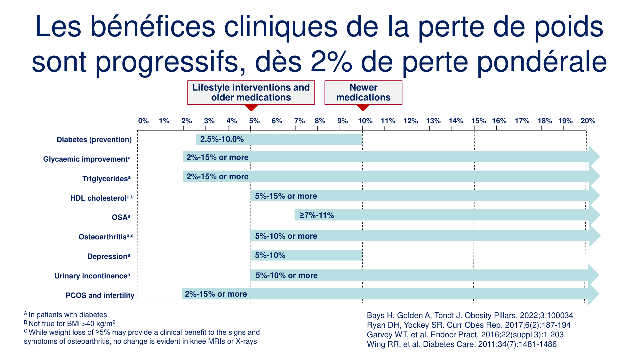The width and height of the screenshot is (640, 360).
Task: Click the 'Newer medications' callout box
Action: click(x=363, y=92)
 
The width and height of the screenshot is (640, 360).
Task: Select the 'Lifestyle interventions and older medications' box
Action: click(x=251, y=92)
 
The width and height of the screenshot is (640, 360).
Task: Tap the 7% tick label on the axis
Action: click(x=300, y=121)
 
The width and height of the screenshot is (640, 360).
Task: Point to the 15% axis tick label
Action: click(x=478, y=121)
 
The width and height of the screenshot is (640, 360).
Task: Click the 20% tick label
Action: click(x=588, y=121)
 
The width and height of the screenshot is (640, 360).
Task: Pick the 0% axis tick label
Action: click(x=143, y=121)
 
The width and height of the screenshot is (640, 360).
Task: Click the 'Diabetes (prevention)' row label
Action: click(x=94, y=140)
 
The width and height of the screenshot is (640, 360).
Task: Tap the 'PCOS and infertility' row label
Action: click(x=100, y=295)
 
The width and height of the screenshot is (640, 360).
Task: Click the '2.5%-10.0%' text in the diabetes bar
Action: click(x=222, y=139)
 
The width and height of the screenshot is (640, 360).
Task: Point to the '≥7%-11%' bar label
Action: click(x=317, y=215)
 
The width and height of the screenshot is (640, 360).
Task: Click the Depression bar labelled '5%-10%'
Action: click(x=306, y=255)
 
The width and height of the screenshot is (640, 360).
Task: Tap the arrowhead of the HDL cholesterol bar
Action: click(x=594, y=196)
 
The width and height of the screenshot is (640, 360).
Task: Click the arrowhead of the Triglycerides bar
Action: click(x=594, y=176)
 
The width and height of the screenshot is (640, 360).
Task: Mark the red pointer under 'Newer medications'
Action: click(x=363, y=108)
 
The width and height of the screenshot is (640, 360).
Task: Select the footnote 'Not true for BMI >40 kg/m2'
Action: click(x=70, y=324)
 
